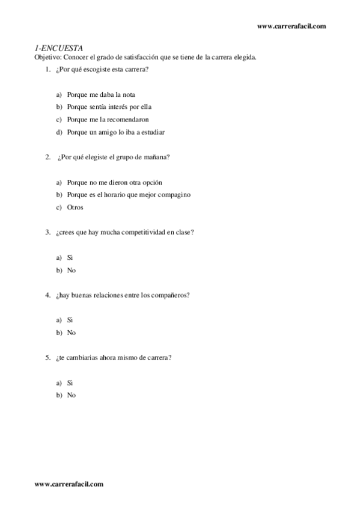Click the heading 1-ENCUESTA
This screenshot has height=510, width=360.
pos(58,48)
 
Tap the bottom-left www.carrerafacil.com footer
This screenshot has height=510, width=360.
pos(69,483)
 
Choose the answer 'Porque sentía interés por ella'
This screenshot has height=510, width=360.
pos(109,106)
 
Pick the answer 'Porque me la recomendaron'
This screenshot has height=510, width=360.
pos(108,119)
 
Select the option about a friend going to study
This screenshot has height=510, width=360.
pos(116,132)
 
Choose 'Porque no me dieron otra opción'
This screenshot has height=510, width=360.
pos(115,182)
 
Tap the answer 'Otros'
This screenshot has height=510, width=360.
pos(75,207)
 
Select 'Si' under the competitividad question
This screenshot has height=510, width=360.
pos(70,257)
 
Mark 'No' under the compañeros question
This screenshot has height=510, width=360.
pos(72,332)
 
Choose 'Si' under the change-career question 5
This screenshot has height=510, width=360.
pos(70,382)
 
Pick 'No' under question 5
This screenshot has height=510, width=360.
pos(72,395)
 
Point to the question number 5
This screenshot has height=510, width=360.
pos(47,357)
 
